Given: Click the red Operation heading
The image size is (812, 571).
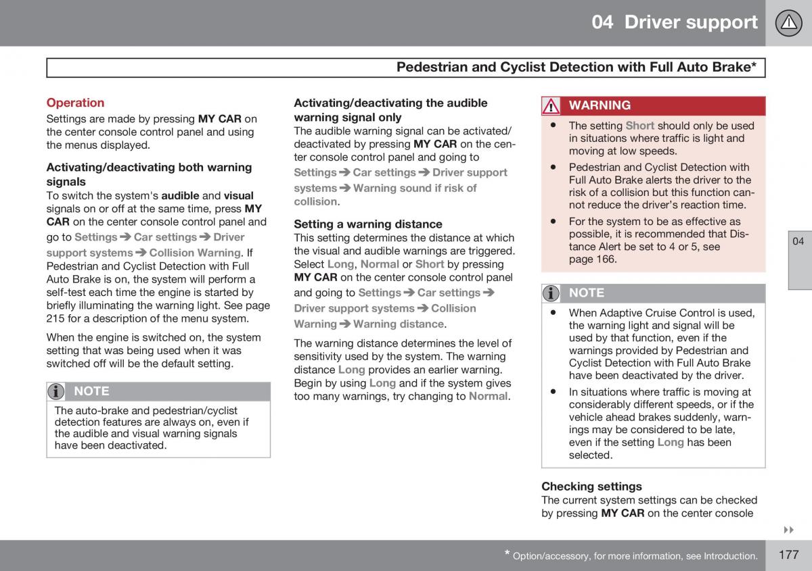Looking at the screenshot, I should point(75,103).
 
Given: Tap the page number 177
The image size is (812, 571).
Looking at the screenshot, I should point(788,555).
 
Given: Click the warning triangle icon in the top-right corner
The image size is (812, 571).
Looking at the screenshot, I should point(788,23).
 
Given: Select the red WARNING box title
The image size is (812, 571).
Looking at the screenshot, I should point(600,105).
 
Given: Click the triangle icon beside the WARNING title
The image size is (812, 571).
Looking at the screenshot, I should point(551,106).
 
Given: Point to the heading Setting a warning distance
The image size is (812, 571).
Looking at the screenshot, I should point(367,224).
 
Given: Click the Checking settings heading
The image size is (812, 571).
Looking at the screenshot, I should point(591,486).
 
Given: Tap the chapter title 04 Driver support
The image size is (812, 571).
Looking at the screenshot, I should point(674,22).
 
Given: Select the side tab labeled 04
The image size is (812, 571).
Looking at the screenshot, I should point(798,241).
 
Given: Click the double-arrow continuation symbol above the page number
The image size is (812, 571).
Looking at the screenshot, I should point(788,529).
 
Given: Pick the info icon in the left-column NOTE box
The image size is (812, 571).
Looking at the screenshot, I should point(57,391).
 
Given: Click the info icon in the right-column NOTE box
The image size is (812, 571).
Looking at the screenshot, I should point(551,293).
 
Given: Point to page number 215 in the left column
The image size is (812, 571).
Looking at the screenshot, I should point(55,318).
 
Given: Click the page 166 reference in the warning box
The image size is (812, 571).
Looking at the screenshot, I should point(593,259).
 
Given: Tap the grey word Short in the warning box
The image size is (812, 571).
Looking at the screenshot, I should point(639,126).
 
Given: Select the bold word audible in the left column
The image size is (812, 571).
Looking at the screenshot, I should point(180,196).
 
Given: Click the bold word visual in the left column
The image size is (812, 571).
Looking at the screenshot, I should point(238,196).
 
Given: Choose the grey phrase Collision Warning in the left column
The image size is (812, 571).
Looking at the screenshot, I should point(195,253).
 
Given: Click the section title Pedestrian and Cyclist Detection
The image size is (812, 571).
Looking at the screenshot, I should point(576,67).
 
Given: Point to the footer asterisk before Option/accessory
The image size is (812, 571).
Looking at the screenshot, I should point(507,555).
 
